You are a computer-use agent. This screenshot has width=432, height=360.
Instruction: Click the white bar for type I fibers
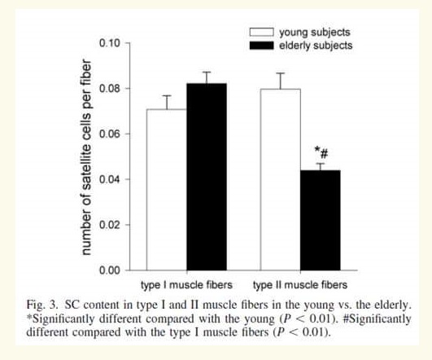[x=167, y=190]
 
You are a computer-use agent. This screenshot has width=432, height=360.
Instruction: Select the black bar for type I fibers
[x=207, y=177]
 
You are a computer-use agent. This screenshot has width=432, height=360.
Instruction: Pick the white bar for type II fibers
[x=280, y=179]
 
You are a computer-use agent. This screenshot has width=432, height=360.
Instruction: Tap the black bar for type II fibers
[x=321, y=220]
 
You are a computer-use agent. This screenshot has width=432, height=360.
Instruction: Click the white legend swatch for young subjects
[x=261, y=32]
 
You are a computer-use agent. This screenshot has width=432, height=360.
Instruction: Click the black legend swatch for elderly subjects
[x=261, y=46]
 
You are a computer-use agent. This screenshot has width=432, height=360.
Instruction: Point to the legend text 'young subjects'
[x=315, y=33]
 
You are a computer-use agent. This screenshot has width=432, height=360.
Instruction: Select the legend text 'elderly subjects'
[x=316, y=46]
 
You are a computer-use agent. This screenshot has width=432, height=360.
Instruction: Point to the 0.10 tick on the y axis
[x=127, y=43]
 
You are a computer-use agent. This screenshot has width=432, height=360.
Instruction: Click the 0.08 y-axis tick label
[x=110, y=89]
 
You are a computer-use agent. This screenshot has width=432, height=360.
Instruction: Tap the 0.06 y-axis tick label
[x=110, y=134]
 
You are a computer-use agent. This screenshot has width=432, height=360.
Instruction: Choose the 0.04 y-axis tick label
[x=110, y=179]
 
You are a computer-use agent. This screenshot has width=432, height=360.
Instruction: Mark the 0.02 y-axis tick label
[x=110, y=225]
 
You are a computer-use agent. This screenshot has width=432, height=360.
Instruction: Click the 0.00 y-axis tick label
[x=110, y=270]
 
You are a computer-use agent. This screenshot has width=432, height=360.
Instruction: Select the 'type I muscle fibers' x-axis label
[x=186, y=285]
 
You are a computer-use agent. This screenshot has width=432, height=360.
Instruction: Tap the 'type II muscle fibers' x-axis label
[x=300, y=285]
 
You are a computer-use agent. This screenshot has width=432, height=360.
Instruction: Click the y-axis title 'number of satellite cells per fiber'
[x=86, y=157]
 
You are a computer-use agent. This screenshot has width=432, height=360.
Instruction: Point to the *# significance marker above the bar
[x=321, y=153]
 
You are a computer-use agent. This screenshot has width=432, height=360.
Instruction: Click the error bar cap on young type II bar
[x=280, y=73]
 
